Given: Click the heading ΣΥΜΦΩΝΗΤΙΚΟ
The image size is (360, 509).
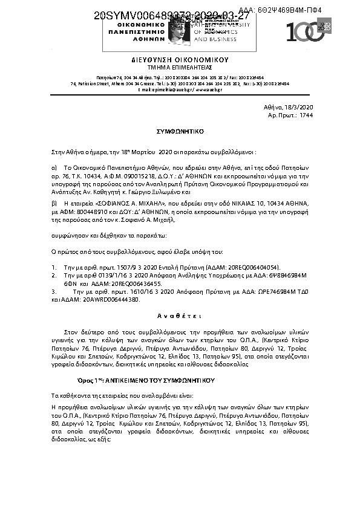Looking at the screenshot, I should [180, 130].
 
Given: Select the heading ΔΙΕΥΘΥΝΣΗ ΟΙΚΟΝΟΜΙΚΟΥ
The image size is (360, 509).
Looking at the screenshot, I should [180, 60].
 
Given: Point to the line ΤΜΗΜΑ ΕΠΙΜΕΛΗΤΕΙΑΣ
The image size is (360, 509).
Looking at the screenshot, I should [180, 68].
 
